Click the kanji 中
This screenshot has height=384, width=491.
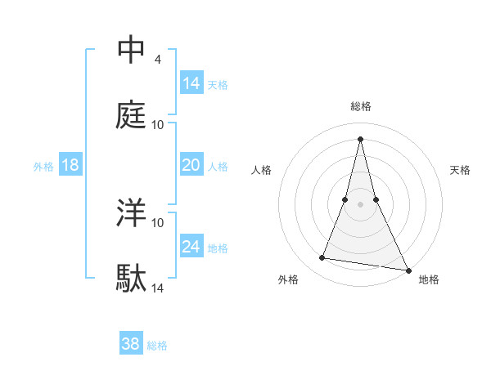[x=131, y=51]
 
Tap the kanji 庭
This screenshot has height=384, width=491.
[x=131, y=115]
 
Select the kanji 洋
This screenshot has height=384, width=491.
[x=131, y=214]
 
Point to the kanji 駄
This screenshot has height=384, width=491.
[x=131, y=279]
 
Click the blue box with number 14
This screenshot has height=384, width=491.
[x=191, y=83]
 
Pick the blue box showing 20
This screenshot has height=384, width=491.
[x=191, y=165]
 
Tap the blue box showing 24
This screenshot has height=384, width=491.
[x=191, y=246]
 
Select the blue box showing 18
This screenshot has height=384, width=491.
[x=70, y=165]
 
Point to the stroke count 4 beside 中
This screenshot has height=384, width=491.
[x=157, y=60]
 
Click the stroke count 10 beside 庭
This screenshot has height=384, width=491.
[x=158, y=125]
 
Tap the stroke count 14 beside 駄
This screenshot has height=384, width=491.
[x=158, y=288]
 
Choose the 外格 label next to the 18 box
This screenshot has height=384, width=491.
[x=43, y=166]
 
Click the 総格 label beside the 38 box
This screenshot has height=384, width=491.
[x=157, y=345]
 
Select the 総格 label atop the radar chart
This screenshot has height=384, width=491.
[x=361, y=106]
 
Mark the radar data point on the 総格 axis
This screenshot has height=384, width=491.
[x=361, y=139]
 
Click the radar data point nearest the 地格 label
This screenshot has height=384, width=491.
[x=408, y=270]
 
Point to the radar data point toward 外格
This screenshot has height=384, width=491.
[x=322, y=258]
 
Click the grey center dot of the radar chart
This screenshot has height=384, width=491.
[x=361, y=204]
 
